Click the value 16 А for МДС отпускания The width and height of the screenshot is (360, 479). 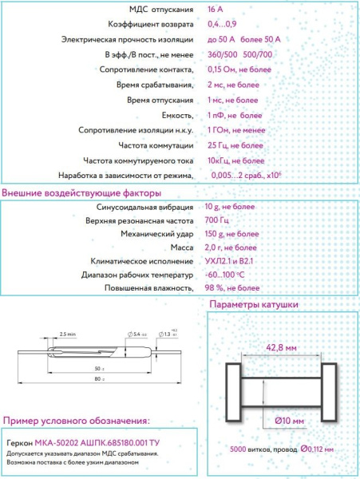[216, 10]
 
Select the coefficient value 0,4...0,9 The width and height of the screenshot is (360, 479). [221, 24]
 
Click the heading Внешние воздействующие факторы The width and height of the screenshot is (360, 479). [81, 193]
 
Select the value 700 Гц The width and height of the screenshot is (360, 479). [216, 220]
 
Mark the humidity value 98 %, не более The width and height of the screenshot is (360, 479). [232, 287]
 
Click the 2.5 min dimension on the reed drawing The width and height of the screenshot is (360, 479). [67, 332]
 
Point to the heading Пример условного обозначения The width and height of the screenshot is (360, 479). [77, 421]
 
